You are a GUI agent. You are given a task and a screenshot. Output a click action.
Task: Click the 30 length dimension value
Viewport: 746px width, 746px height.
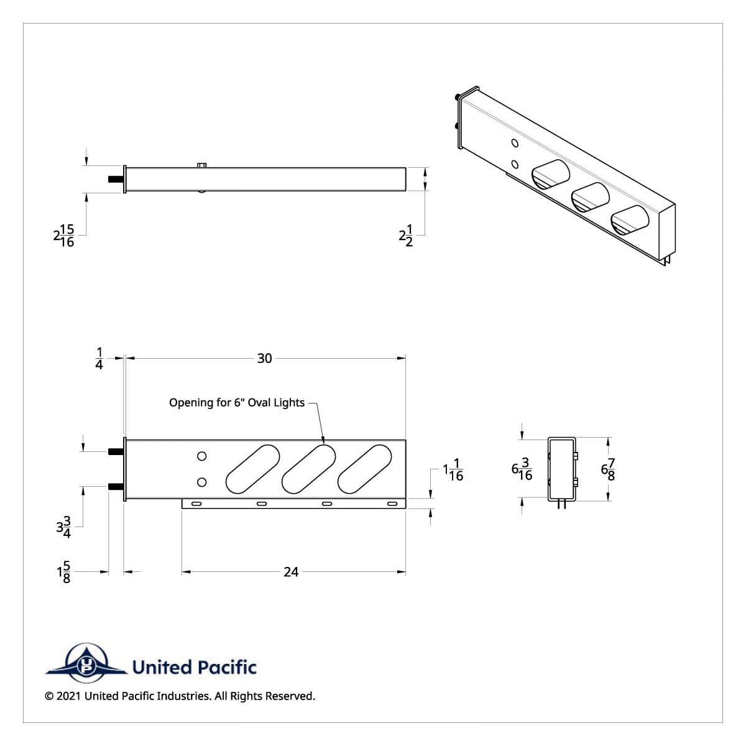(264, 358)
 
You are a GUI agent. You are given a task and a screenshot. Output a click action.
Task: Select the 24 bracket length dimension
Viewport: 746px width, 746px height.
(291, 572)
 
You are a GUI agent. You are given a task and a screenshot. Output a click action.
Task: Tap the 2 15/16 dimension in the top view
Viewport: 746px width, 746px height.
(64, 236)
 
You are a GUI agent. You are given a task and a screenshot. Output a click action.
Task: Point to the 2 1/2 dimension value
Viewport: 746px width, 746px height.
(406, 236)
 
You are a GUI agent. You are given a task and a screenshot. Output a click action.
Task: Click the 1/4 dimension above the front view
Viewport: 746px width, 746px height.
(99, 359)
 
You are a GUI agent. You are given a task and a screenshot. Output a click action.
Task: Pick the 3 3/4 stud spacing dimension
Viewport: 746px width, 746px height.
(63, 527)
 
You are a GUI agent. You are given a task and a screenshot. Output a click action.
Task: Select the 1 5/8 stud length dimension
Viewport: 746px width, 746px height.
(63, 573)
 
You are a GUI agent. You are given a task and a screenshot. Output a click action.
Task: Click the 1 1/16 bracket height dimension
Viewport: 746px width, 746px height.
(453, 470)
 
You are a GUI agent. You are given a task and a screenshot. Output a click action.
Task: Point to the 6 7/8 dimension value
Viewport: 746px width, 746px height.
(608, 469)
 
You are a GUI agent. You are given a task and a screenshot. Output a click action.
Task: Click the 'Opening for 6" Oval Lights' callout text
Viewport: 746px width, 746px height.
(237, 403)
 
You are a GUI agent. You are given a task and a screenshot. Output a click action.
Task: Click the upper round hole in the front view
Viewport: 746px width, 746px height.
(201, 456)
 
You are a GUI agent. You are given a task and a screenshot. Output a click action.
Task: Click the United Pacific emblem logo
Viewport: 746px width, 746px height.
(85, 663)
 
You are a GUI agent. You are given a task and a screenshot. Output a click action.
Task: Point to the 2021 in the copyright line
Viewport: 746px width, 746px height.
(68, 696)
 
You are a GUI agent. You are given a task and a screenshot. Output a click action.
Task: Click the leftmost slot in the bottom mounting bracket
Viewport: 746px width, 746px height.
(196, 503)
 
